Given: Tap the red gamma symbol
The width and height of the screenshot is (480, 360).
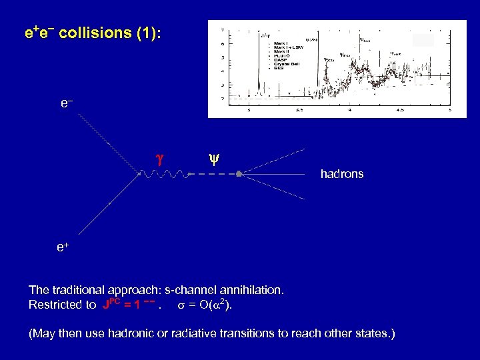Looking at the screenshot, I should coord(159,159).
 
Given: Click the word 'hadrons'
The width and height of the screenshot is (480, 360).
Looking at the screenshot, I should coord(342,174).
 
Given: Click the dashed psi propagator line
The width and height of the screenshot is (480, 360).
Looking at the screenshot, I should coord(213,174).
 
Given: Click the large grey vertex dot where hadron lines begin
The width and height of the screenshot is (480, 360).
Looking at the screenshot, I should coord(239,174).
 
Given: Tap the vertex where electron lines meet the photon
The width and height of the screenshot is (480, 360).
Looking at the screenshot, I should coord(139,174).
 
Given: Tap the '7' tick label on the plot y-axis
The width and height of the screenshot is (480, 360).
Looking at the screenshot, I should coord(223,30).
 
